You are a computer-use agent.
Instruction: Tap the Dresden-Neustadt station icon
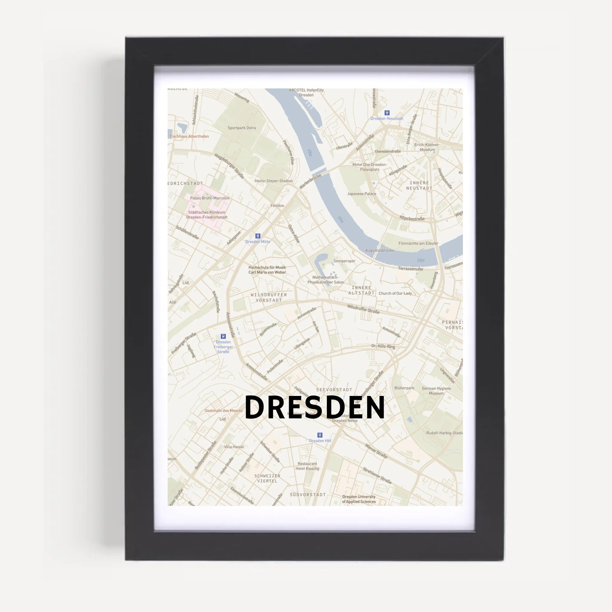coord(387,113)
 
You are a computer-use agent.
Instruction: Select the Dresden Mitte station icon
coord(258,236)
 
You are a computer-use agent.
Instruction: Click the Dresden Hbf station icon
coord(320,435)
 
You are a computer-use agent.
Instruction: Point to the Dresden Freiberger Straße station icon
coord(223,336)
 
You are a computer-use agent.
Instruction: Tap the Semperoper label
coord(344,261)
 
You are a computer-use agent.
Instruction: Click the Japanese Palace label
coord(362,194)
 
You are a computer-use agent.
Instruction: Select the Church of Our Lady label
coord(395,293)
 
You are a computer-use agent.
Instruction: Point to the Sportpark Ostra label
coord(242,128)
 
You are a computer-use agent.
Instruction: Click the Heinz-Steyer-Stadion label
coord(274,181)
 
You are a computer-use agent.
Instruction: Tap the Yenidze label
coord(277,206)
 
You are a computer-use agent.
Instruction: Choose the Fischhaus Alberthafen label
coord(189,136)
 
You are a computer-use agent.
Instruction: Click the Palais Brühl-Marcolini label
coord(210,198)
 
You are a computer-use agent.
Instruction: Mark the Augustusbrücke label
coord(380,250)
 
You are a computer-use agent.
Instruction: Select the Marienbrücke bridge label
coord(310,181)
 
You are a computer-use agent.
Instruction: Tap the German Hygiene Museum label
coord(436,391)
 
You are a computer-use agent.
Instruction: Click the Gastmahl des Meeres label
coord(224,411)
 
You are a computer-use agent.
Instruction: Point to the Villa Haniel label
coord(234,447)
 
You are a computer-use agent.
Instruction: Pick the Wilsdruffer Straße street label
coord(363,309)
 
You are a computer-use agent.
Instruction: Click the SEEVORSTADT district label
coord(334,390)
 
